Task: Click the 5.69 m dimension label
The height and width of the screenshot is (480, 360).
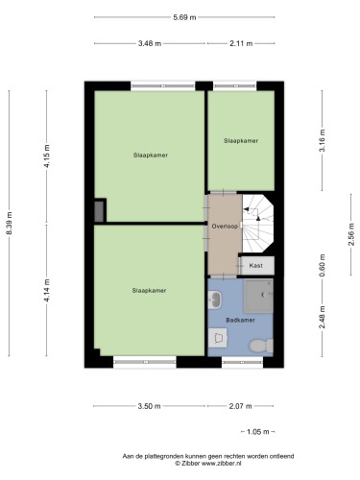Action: click(184, 17)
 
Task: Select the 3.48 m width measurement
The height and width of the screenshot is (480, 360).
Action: click(150, 43)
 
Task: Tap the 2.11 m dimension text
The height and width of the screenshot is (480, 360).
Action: click(241, 43)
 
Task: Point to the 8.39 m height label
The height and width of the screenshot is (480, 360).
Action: click(9, 223)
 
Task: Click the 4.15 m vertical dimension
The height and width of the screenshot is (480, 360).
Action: click(47, 156)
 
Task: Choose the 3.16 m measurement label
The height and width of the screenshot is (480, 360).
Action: click(323, 140)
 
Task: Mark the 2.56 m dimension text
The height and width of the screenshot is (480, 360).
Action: click(351, 234)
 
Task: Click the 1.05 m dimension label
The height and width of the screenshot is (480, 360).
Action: click(258, 432)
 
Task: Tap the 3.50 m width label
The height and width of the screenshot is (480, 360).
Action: click(149, 406)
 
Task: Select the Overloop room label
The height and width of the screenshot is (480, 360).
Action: click(225, 227)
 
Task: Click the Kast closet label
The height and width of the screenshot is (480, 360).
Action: click(255, 265)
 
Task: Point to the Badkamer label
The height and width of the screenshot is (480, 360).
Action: click(240, 320)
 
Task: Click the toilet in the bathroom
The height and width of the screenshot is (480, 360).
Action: click(261, 346)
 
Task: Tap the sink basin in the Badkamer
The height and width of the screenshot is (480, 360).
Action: click(215, 300)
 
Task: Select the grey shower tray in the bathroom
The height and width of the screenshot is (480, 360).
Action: click(258, 296)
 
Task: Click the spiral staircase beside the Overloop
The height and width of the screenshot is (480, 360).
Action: click(257, 224)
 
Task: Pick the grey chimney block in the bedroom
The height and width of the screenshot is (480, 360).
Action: click(99, 211)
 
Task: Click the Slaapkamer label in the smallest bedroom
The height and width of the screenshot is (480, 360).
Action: click(241, 141)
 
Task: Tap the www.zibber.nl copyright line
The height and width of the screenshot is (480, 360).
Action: click(208, 463)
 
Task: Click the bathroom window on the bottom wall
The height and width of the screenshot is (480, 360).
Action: click(242, 362)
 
